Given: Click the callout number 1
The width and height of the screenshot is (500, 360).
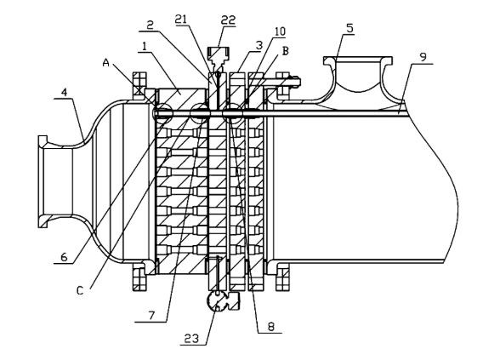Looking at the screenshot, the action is pyautogui.click(x=145, y=47).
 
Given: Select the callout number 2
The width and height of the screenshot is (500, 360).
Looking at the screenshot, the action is pyautogui.click(x=151, y=25).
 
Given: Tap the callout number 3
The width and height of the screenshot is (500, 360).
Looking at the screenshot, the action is pyautogui.click(x=259, y=45).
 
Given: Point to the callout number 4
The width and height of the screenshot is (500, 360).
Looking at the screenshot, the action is pyautogui.click(x=65, y=93).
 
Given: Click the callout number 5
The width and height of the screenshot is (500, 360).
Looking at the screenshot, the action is pyautogui.click(x=349, y=28).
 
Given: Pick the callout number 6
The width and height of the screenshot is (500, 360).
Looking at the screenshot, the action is pyautogui.click(x=64, y=257).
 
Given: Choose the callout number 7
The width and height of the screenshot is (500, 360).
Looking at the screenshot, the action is pyautogui.click(x=151, y=315).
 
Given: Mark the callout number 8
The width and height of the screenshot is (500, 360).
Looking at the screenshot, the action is pyautogui.click(x=270, y=327).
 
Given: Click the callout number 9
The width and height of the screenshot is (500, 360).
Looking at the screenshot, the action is pyautogui.click(x=423, y=58).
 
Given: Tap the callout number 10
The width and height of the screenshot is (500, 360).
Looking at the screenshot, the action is pyautogui.click(x=280, y=31).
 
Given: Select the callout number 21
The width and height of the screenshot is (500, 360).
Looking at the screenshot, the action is pyautogui.click(x=181, y=19).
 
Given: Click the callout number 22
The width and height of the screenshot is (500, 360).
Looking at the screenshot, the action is pyautogui.click(x=228, y=20).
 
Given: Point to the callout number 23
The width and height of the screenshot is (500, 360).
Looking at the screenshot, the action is pyautogui.click(x=191, y=339).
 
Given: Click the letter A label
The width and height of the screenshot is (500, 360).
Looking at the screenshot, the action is pyautogui.click(x=105, y=63).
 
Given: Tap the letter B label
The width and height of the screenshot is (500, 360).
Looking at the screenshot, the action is pyautogui.click(x=286, y=51).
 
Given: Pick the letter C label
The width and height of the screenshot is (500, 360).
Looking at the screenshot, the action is pyautogui.click(x=80, y=291).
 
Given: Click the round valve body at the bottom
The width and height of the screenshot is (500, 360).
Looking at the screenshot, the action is pyautogui.click(x=218, y=301).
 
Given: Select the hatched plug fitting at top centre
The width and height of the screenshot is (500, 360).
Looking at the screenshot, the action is pyautogui.click(x=219, y=53).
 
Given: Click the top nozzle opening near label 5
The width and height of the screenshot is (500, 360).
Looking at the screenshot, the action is pyautogui.click(x=358, y=60).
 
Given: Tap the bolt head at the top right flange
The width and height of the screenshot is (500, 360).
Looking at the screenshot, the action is pyautogui.click(x=295, y=82).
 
